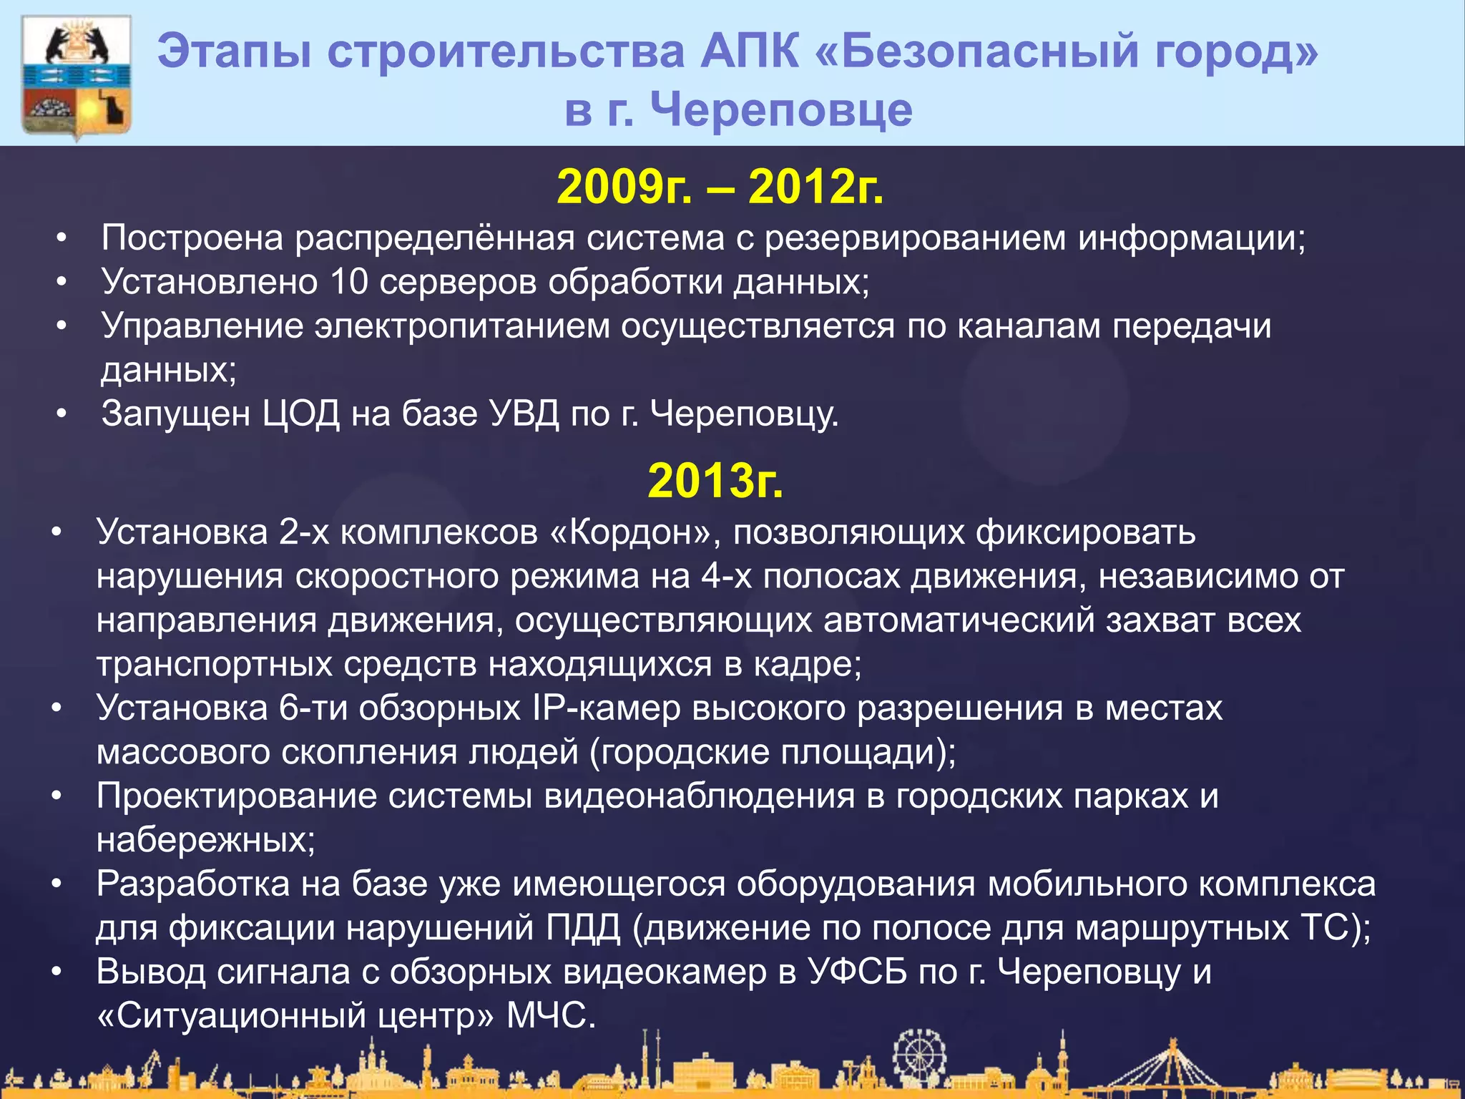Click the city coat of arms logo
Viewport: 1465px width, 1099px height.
pyautogui.click(x=77, y=77)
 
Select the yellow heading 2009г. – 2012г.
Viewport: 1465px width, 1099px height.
pyautogui.click(x=720, y=187)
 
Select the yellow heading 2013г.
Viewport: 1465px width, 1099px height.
pyautogui.click(x=715, y=481)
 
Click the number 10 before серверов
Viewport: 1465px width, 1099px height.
pyautogui.click(x=348, y=282)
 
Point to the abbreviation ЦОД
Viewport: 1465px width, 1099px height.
pyautogui.click(x=300, y=414)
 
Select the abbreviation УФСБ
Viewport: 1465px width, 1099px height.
pyautogui.click(x=858, y=972)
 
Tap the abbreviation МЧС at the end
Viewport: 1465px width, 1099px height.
pyautogui.click(x=551, y=1016)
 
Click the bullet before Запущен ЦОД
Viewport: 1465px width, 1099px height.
pyautogui.click(x=62, y=414)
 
